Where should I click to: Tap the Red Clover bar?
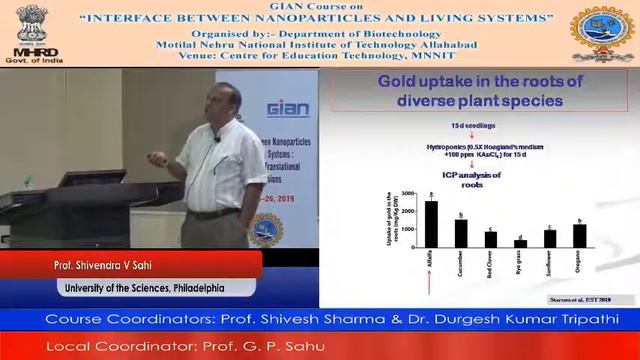pyautogui.click(x=490, y=239)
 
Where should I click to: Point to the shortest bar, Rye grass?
pyautogui.click(x=520, y=243)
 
